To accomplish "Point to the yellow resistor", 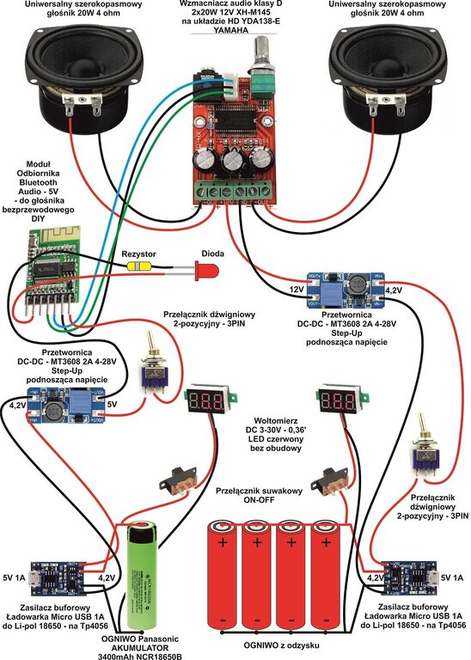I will (x=137, y=266).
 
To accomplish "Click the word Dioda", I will (x=212, y=254).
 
